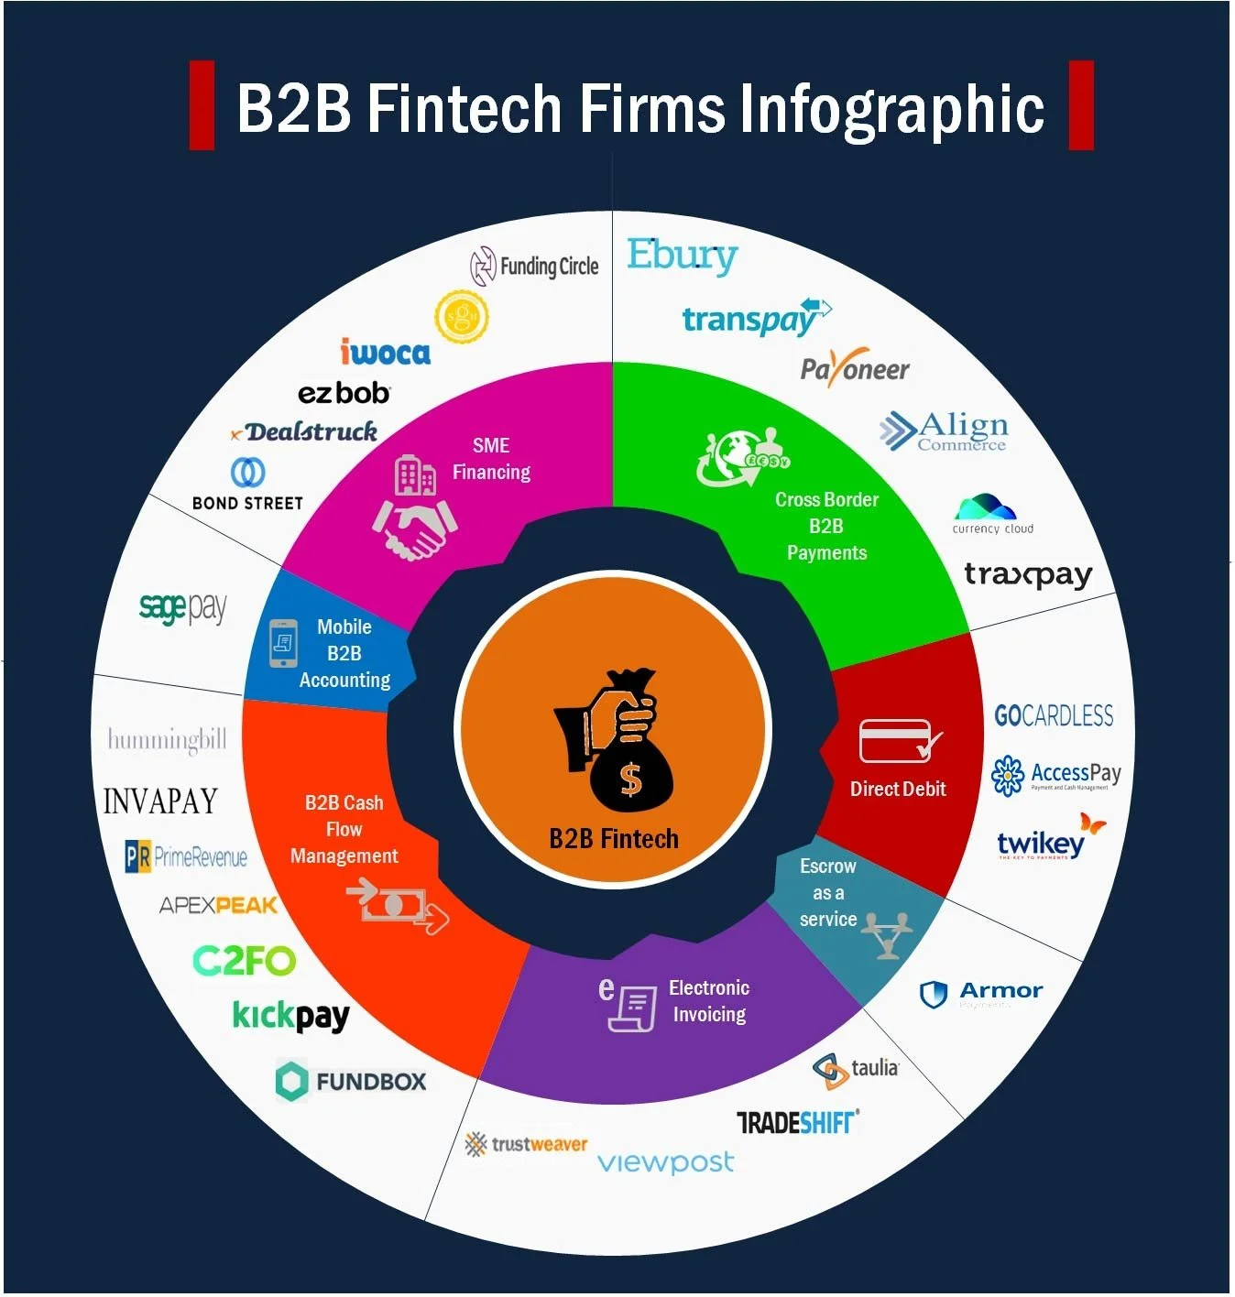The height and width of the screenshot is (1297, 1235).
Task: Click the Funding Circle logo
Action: coord(534,267)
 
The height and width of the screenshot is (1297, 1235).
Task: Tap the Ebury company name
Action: coord(682,256)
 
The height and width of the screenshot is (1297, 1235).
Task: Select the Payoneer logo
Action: coord(854,368)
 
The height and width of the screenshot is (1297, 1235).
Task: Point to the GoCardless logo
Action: coord(1054,715)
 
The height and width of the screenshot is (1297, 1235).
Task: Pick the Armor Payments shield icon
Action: coord(933,994)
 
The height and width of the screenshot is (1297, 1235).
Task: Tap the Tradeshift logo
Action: coord(797,1122)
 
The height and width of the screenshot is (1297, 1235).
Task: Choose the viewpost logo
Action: coord(665,1162)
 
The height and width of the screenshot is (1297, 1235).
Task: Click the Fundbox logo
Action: coord(351,1081)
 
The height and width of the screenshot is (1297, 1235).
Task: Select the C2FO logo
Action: coord(244,961)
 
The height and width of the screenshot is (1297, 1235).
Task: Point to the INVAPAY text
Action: coord(160,801)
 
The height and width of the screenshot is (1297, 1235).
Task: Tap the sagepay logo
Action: coord(182,607)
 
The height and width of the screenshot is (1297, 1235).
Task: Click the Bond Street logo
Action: coord(247,485)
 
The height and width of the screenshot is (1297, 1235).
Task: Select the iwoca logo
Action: coord(385,352)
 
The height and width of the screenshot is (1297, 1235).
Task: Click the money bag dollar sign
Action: coord(630,779)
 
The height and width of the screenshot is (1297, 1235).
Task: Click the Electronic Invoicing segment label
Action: coord(708,1001)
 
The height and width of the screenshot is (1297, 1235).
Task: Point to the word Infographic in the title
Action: coord(891,109)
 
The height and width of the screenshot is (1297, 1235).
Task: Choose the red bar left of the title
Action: coord(202,105)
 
